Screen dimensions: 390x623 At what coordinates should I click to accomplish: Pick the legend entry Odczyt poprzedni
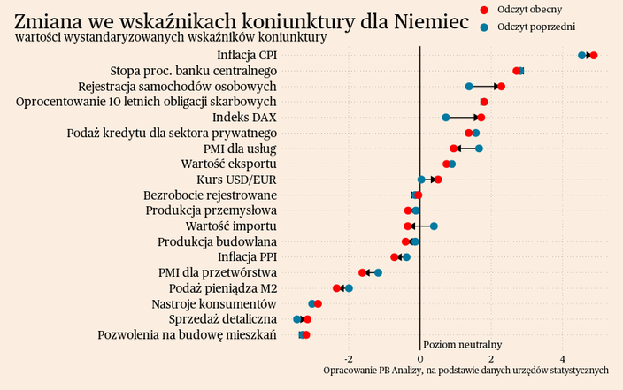coord(527,27)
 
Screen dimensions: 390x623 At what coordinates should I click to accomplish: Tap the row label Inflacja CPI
coord(247,56)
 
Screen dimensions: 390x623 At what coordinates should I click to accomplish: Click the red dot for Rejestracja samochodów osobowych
coord(501,87)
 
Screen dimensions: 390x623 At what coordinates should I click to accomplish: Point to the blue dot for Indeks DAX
coord(446,118)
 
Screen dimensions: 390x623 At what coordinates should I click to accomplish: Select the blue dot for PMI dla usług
coord(480,149)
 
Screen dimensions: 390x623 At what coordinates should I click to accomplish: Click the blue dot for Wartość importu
coord(434,226)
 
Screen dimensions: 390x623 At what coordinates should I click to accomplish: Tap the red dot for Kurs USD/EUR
coord(438,180)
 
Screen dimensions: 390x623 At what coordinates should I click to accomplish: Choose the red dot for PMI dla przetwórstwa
coord(363,272)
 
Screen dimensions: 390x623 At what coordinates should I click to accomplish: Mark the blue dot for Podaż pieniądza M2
coord(350,288)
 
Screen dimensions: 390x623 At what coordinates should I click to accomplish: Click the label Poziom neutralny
coord(463,344)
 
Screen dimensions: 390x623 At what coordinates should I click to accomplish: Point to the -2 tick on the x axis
coord(349,358)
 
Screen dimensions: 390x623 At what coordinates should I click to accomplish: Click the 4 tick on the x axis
coord(564,358)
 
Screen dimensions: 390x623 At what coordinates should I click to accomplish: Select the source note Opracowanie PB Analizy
coord(465,370)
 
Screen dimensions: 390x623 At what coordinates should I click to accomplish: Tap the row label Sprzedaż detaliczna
coord(223,319)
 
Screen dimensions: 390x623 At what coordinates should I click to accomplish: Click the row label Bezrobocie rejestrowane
coord(210,195)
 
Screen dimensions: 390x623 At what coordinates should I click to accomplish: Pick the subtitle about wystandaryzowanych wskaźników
coord(171,37)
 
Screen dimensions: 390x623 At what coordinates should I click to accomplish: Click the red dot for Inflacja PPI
coord(395,257)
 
